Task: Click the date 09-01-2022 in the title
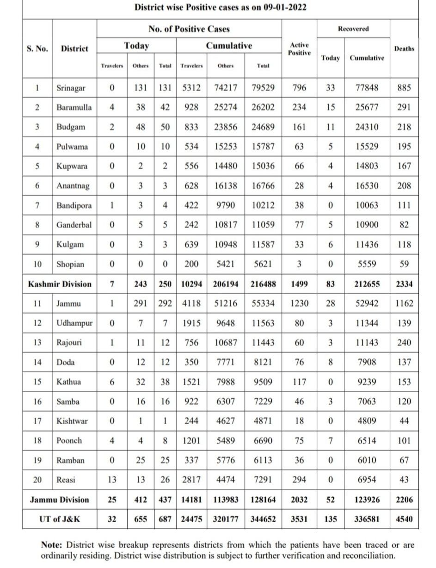[282, 7]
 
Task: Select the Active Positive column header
[299, 49]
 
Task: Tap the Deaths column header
[404, 49]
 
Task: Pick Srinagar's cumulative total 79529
[263, 87]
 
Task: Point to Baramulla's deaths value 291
[404, 107]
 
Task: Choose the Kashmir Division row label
[60, 284]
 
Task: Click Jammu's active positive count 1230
[299, 303]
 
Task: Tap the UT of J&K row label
[60, 519]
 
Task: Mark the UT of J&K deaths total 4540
[404, 519]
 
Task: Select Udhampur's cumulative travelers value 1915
[191, 323]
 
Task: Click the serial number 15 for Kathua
[37, 382]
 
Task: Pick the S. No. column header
[37, 49]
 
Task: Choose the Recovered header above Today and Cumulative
[353, 29]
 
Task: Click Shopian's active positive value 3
[299, 265]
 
